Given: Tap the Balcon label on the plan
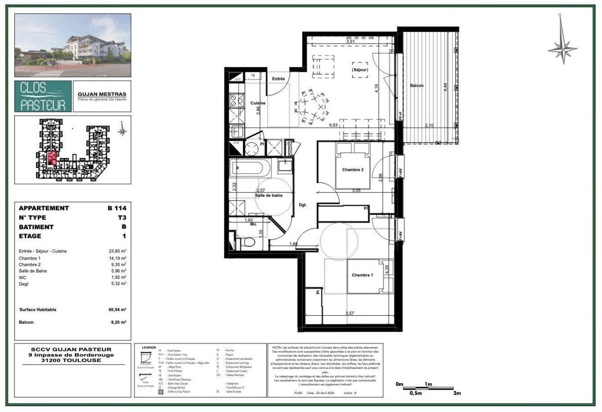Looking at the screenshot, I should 417,85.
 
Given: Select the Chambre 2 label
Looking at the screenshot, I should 353,169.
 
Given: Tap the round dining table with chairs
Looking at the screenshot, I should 311,107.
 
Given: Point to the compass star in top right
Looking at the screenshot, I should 562,48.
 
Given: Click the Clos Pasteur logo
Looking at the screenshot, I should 43,96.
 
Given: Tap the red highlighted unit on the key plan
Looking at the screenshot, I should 53,158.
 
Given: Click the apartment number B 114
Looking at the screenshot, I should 117,209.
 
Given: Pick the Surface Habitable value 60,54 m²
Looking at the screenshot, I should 117,310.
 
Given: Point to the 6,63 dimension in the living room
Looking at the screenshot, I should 333,125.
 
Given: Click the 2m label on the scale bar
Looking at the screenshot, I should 457,393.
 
